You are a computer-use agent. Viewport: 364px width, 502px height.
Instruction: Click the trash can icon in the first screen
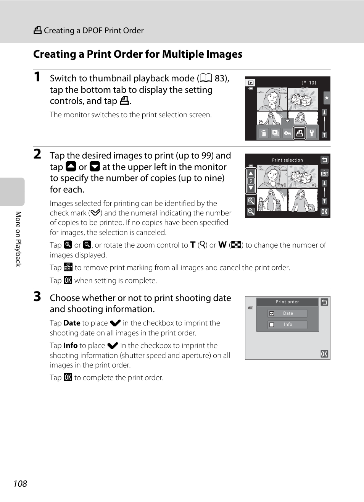pos(264,133)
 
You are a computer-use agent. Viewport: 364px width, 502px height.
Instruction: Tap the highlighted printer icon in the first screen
pos(300,133)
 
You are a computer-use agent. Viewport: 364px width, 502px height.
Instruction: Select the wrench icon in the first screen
pos(312,133)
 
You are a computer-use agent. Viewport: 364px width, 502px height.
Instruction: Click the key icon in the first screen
pos(287,133)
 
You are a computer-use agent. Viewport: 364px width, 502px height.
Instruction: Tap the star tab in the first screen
pos(326,98)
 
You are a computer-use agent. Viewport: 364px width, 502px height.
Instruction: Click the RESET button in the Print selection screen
pos(324,173)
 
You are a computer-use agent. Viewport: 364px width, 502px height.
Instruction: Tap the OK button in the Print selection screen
pos(324,212)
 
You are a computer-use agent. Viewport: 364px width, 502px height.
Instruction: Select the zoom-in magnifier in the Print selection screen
pos(251,201)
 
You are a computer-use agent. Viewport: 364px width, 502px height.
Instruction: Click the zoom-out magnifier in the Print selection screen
pos(251,211)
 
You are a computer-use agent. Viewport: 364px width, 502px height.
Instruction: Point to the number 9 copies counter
pos(251,181)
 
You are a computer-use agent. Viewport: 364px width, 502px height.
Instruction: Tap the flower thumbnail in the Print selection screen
pos(303,177)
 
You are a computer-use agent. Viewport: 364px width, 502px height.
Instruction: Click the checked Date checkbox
pos(272,314)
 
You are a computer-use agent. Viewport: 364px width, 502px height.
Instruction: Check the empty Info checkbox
pos(272,325)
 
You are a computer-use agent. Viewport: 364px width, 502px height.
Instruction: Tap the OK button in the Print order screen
pos(324,354)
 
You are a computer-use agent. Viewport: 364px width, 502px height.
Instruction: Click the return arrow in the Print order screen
pos(324,302)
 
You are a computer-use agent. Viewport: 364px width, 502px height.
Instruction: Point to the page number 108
pos(20,484)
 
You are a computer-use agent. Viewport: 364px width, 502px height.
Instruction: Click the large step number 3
pos(37,296)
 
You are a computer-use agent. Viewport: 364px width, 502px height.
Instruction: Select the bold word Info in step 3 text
pos(71,345)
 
